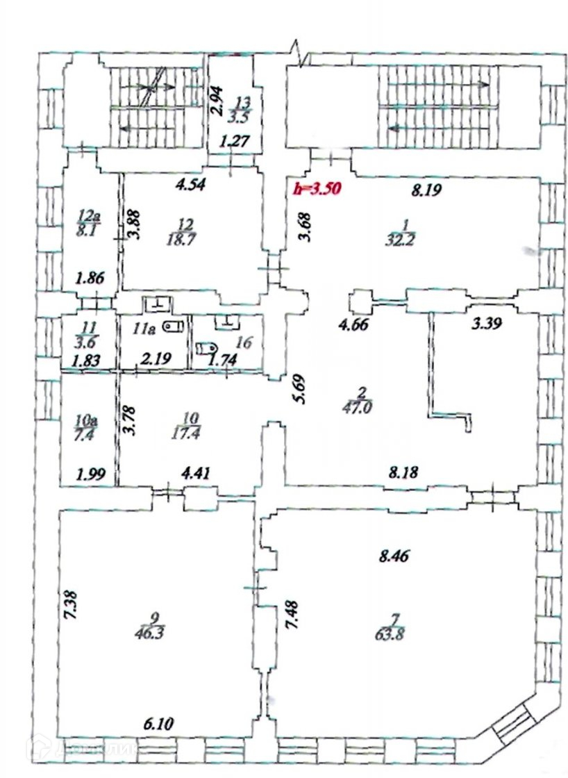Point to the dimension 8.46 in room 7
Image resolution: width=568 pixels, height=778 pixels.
pos(392,556)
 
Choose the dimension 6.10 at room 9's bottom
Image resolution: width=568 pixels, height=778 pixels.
pos(158,724)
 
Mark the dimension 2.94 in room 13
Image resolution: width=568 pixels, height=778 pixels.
pos(217,100)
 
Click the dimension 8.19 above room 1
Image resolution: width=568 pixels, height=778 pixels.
pos(427,189)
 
